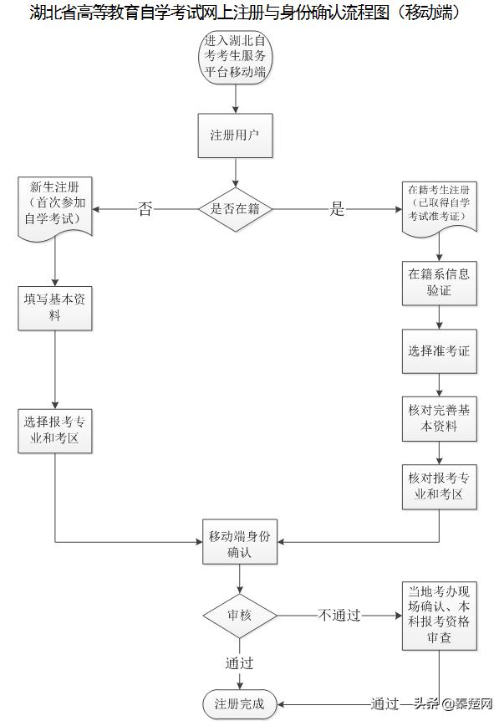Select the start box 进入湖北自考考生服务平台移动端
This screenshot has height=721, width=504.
coord(237,56)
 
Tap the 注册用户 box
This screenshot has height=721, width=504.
coord(236,135)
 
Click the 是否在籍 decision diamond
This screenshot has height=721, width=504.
coord(236,209)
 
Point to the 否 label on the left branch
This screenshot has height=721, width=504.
coord(145,209)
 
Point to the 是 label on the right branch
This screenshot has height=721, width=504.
coord(337,209)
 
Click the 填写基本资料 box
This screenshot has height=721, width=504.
coord(54,308)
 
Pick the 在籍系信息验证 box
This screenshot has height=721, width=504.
coord(439,283)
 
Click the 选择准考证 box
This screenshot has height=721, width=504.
coord(439,350)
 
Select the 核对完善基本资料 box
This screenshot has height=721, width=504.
coord(439,418)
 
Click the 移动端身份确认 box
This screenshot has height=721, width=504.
coord(240,542)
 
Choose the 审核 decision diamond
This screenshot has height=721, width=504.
coord(240,616)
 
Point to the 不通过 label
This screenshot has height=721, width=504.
coord(339,616)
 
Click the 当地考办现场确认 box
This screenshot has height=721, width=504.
coord(439,616)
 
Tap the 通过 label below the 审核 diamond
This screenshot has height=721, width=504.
coord(239,663)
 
